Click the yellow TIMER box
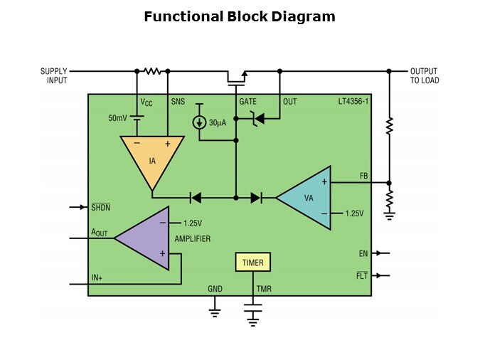tap(252, 263)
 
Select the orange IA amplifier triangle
tap(151, 158)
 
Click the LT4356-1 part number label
tap(353, 102)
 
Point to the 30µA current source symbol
tap(200, 122)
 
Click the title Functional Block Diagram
tap(240, 16)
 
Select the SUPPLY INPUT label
tap(53, 75)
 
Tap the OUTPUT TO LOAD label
tap(425, 75)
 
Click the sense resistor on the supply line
tap(152, 71)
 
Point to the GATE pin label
tap(247, 102)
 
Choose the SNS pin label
tap(178, 102)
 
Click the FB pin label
tap(363, 176)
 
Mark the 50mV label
tap(117, 117)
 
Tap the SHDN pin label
tap(100, 207)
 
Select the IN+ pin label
tap(97, 278)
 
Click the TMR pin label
tap(264, 289)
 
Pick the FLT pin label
tap(362, 275)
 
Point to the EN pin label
tap(363, 253)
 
